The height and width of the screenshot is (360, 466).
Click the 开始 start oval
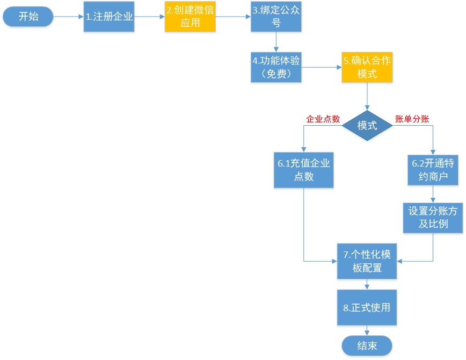pyautogui.click(x=28, y=17)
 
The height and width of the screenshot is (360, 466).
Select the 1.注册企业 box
pyautogui.click(x=108, y=17)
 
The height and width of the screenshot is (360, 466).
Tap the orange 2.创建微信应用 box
pyautogui.click(x=190, y=17)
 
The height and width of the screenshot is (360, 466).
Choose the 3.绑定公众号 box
pyautogui.click(x=276, y=17)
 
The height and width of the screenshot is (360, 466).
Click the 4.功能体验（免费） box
pyautogui.click(x=276, y=67)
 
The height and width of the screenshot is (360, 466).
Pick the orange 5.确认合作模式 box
pyautogui.click(x=367, y=67)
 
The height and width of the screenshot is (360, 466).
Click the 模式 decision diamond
pyautogui.click(x=367, y=126)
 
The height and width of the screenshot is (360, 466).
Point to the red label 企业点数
pyautogui.click(x=323, y=119)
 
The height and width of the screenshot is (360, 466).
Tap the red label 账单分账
pyautogui.click(x=412, y=119)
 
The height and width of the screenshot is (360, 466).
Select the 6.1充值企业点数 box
pyautogui.click(x=303, y=169)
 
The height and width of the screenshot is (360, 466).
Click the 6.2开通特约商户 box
pyautogui.click(x=433, y=169)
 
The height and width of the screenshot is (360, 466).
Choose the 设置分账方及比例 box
pyautogui.click(x=433, y=217)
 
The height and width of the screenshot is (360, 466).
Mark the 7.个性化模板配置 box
pyautogui.click(x=367, y=261)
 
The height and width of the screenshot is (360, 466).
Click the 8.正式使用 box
pyautogui.click(x=367, y=308)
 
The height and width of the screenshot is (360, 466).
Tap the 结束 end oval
pyautogui.click(x=367, y=345)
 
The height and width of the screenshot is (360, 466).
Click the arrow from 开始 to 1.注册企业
pyautogui.click(x=69, y=17)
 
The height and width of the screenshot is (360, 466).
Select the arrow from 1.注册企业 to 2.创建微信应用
pyautogui.click(x=149, y=17)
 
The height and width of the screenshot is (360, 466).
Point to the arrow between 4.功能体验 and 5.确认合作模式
pyautogui.click(x=321, y=67)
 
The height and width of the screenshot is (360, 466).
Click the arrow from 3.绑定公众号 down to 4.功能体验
pyautogui.click(x=276, y=42)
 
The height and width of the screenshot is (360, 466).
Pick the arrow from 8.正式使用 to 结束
pyautogui.click(x=367, y=331)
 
